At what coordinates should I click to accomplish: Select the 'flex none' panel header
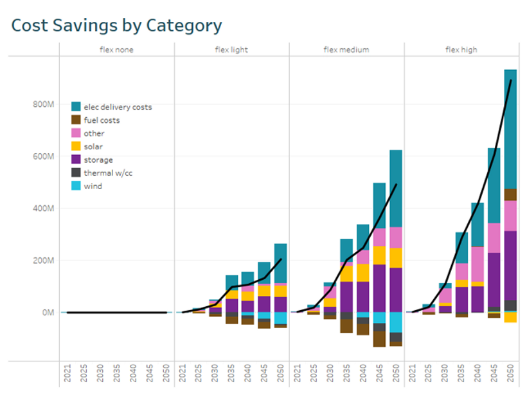[116, 50]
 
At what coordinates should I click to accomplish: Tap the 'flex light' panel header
[231, 50]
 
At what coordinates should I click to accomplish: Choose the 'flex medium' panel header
[346, 50]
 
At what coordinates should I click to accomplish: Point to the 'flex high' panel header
[461, 50]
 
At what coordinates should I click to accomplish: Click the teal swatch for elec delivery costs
[76, 107]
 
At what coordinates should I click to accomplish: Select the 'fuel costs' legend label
[102, 120]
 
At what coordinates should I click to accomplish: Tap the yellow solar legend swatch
[76, 147]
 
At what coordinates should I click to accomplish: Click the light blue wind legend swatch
[76, 187]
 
